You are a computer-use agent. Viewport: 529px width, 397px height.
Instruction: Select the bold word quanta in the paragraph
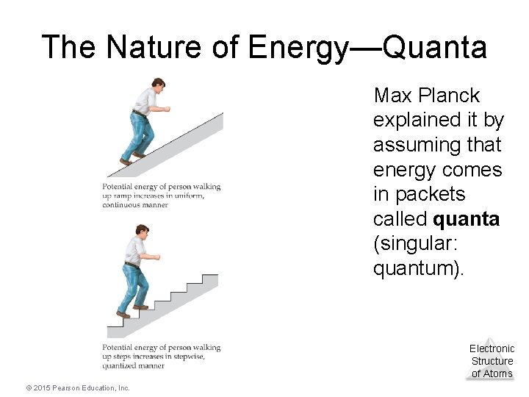pos(467,219)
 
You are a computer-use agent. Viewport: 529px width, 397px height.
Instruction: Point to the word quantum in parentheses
pos(415,269)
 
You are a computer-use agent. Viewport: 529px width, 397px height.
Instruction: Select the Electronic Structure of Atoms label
pos(492,361)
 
